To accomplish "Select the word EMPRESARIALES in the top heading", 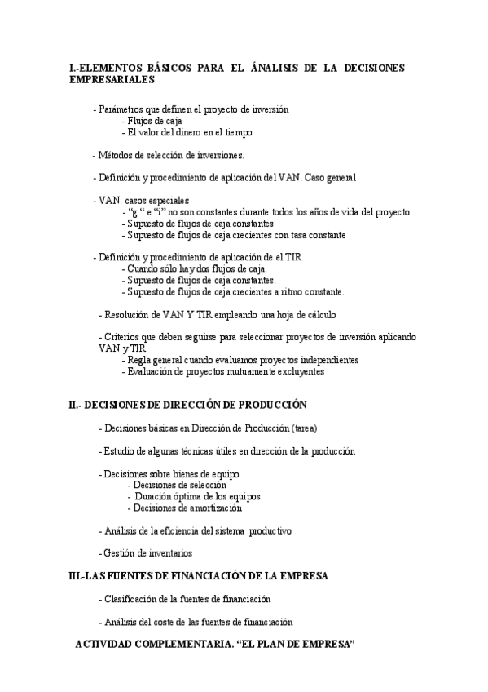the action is [111, 80].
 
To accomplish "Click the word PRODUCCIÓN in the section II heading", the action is [265, 405].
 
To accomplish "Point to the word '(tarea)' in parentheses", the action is [305, 428].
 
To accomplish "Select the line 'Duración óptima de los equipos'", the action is [197, 496].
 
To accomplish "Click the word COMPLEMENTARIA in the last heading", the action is [189, 645].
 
